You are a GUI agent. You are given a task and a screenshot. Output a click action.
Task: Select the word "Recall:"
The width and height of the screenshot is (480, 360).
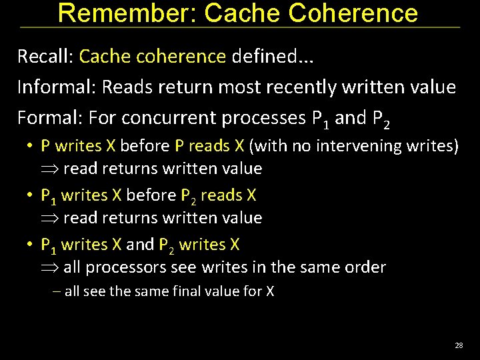45,56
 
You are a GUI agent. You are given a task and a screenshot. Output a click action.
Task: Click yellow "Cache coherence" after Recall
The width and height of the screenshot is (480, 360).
153,56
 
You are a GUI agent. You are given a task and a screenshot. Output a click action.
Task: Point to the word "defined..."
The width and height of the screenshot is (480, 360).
273,56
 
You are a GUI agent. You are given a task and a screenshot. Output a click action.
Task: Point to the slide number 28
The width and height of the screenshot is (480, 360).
459,345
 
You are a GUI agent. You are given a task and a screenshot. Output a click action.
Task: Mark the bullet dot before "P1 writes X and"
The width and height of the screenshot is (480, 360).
31,245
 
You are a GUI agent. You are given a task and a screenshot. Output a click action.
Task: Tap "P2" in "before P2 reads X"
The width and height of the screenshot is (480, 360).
188,195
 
